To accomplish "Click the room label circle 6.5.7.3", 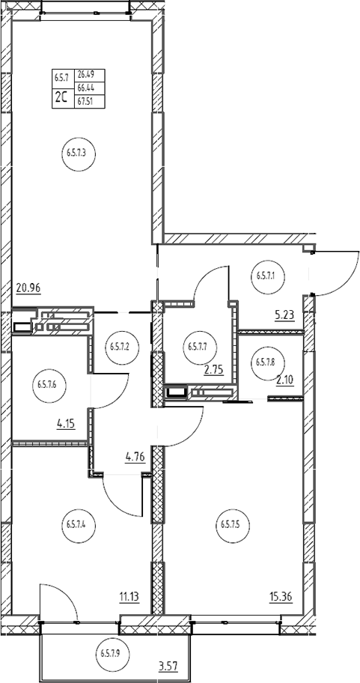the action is point(79,154).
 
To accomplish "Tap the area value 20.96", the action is point(28,287).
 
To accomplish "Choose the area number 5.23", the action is point(284,316).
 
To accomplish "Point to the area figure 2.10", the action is point(285,380).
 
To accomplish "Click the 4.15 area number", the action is point(66,422).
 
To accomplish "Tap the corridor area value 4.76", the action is point(135,458).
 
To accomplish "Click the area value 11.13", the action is point(129,596).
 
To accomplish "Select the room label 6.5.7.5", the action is point(232,524).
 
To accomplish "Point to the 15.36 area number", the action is point(281,596).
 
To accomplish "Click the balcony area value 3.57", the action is point(169,666).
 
